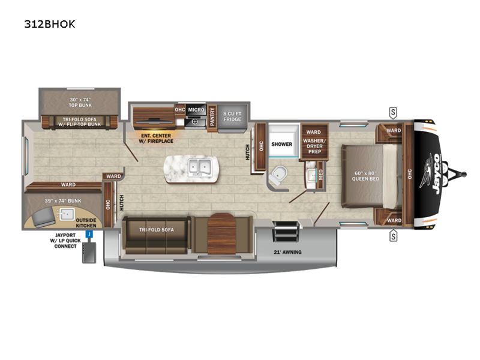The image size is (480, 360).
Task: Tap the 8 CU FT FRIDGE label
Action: coord(232,116)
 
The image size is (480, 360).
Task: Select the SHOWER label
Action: coord(281,144)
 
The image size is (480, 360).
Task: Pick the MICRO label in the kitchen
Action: coord(196,110)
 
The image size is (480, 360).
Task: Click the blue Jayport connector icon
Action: coord(89,235)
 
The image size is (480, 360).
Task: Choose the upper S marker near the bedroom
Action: coord(393,112)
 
